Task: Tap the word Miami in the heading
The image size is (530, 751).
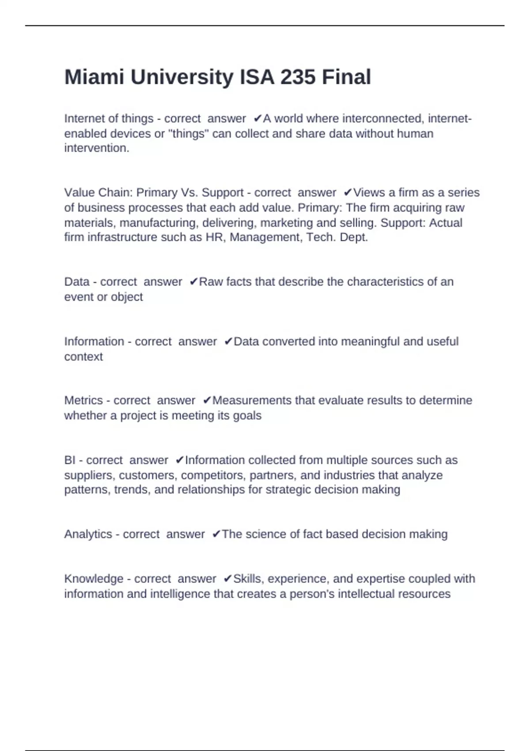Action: tap(94, 77)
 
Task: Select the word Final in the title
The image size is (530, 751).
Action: tap(346, 77)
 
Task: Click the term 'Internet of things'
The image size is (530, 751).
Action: tap(109, 119)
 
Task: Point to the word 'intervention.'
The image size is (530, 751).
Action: tap(97, 148)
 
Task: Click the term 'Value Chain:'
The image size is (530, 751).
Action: tap(98, 193)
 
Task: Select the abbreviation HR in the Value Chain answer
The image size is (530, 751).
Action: tap(214, 237)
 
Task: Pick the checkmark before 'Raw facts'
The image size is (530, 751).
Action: tap(193, 282)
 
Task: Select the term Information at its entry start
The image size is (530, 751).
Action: tap(94, 341)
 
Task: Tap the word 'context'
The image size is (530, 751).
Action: tap(83, 357)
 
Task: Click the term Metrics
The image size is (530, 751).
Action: tap(83, 400)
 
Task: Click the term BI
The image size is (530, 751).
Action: tap(70, 460)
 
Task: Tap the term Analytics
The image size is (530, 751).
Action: tap(88, 534)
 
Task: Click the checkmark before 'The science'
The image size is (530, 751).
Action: tap(216, 534)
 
